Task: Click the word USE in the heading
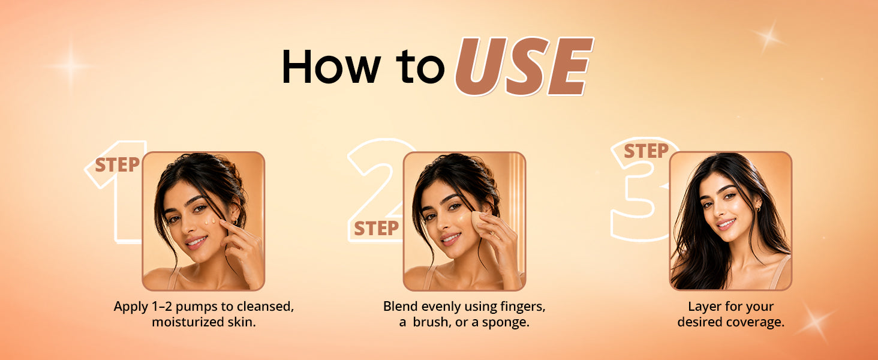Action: click(x=524, y=66)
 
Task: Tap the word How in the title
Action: click(x=331, y=66)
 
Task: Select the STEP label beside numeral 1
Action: click(x=117, y=165)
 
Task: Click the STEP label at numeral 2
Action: click(x=376, y=228)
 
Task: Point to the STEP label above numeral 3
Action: click(x=646, y=151)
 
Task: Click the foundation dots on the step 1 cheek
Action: click(x=209, y=222)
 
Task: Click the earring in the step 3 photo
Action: click(x=759, y=209)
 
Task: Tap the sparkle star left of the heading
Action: click(x=71, y=66)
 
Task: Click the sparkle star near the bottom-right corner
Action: click(x=815, y=322)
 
